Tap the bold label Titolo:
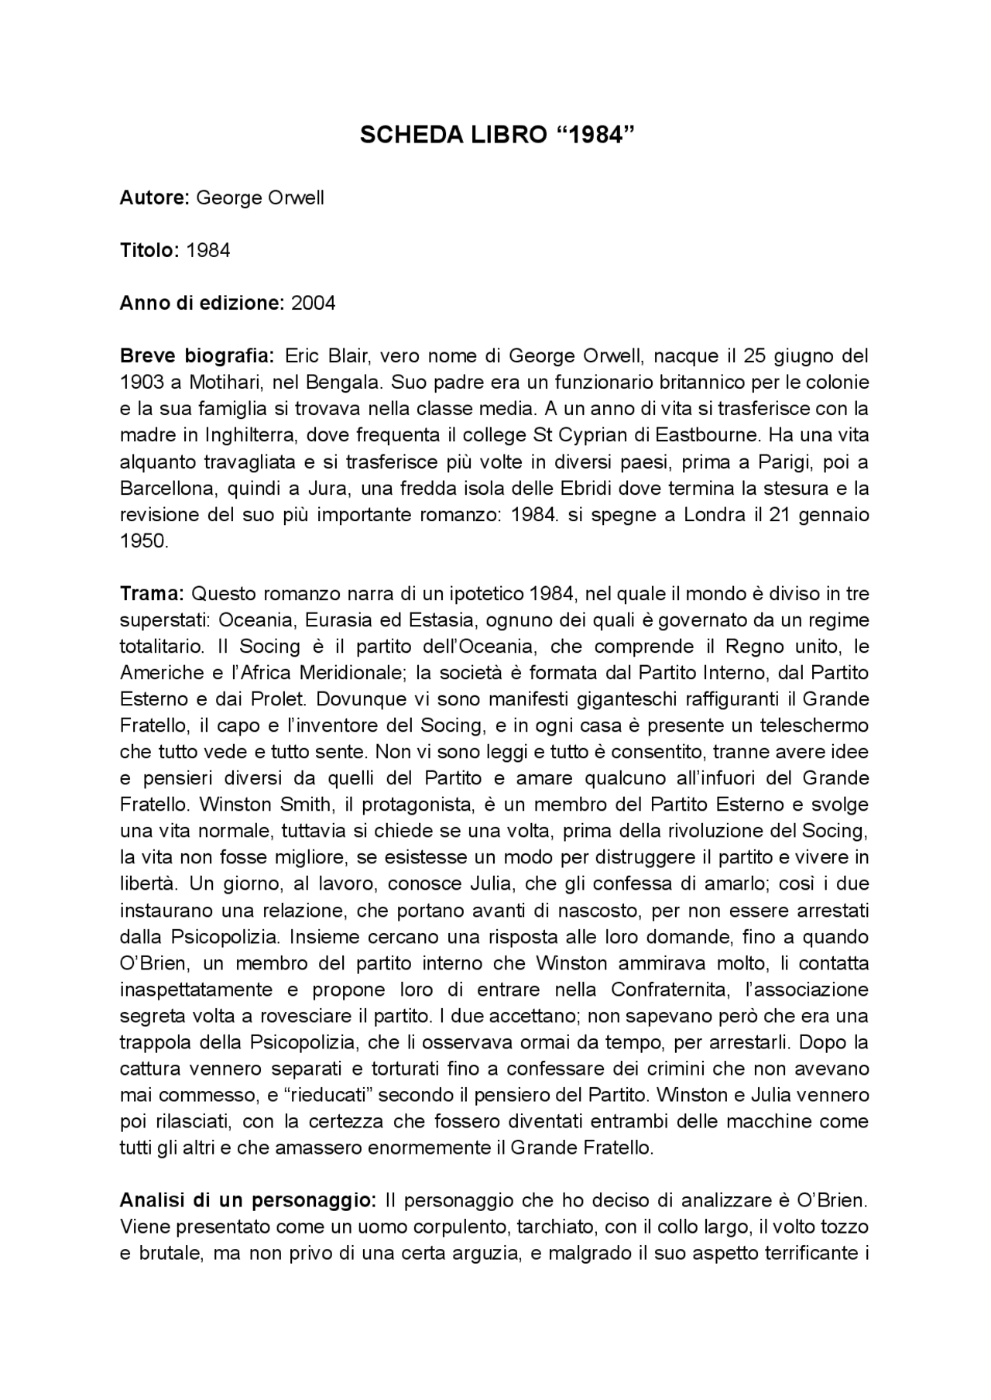pyautogui.click(x=150, y=251)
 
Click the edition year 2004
pyautogui.click(x=314, y=304)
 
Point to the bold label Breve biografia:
pyautogui.click(x=197, y=356)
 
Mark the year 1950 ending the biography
pyautogui.click(x=144, y=541)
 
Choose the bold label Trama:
pyautogui.click(x=151, y=594)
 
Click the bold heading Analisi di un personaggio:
pyautogui.click(x=248, y=1201)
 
